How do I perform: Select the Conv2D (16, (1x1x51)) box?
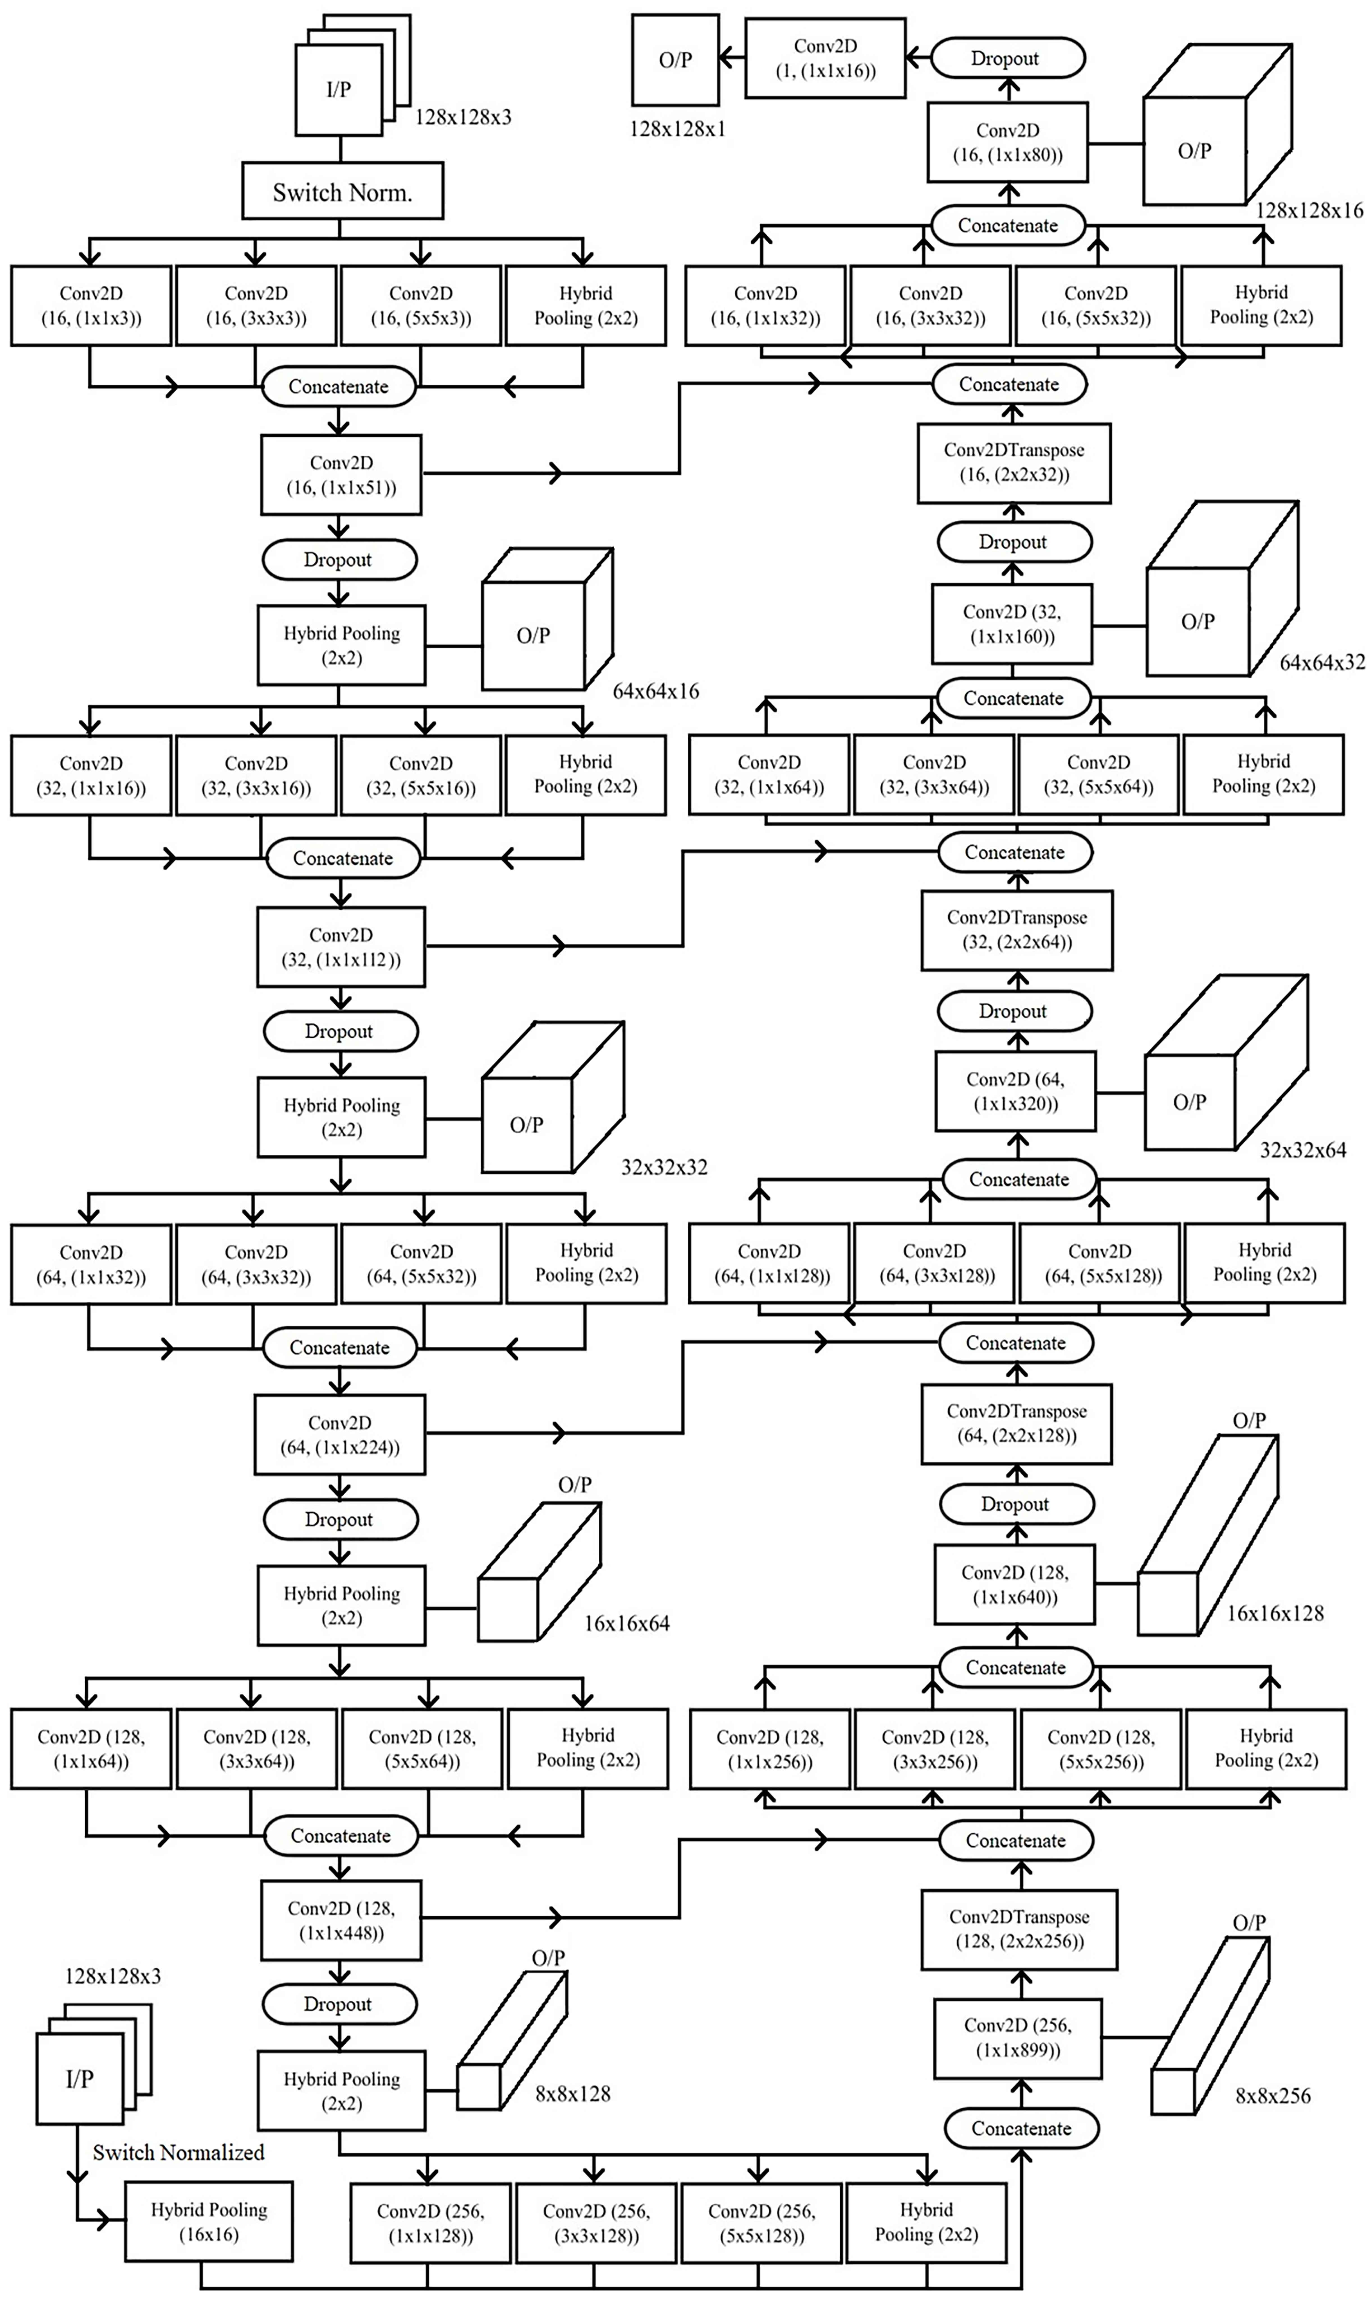click(x=341, y=475)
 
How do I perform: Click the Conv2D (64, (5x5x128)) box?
click(x=1099, y=1263)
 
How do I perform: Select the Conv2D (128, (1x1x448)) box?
click(x=341, y=1920)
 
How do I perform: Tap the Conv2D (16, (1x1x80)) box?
click(x=1008, y=142)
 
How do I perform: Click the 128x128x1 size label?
click(x=678, y=129)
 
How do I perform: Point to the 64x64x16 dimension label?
click(x=655, y=691)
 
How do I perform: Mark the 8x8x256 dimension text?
click(x=1272, y=2096)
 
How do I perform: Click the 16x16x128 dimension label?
click(x=1275, y=1614)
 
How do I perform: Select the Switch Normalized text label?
click(x=178, y=2152)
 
